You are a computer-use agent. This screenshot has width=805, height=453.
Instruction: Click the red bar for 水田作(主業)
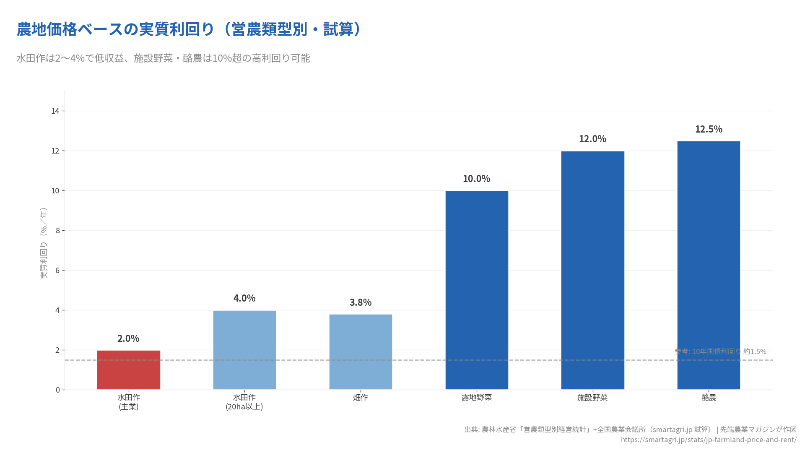(128, 370)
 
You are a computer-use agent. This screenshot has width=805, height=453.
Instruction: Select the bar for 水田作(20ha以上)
(244, 350)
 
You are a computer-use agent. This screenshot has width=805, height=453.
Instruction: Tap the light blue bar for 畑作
(361, 352)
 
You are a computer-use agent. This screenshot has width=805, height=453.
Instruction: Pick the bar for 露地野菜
(477, 290)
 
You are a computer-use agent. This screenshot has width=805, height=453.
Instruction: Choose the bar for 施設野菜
(592, 270)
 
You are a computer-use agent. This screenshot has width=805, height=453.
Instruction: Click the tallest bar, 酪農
(709, 265)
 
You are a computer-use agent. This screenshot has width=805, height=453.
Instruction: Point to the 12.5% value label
(709, 129)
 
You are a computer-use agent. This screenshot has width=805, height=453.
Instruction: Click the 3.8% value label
(361, 302)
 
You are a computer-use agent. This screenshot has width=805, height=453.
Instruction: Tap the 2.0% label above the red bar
(128, 338)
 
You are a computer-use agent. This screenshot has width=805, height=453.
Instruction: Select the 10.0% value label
(476, 179)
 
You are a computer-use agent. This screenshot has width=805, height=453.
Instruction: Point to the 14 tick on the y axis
(55, 111)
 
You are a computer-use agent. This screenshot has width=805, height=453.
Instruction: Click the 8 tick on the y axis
(57, 231)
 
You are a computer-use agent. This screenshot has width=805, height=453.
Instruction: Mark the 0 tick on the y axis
(58, 390)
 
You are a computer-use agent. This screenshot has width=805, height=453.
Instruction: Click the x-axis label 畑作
(361, 398)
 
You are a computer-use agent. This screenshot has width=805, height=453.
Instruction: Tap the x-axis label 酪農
(709, 398)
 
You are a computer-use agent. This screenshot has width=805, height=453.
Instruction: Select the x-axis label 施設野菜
(592, 398)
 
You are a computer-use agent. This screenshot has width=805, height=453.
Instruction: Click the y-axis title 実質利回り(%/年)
(44, 243)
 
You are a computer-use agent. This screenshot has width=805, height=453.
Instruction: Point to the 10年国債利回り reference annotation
(720, 351)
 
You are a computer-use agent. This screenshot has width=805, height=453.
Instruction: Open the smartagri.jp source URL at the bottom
(709, 440)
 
